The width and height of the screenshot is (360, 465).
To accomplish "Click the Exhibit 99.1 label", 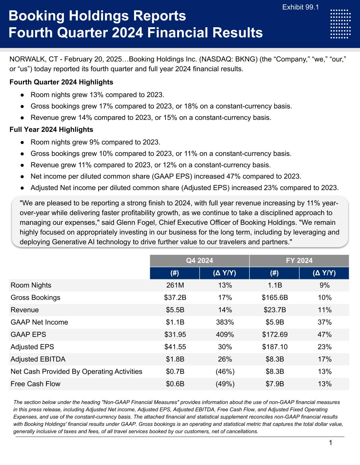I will point(301,7).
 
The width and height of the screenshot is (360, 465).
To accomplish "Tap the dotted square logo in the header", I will point(341,24).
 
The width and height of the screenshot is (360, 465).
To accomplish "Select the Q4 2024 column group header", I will point(200,261).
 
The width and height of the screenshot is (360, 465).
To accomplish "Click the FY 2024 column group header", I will point(299,261).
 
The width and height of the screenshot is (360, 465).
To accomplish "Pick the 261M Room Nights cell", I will point(175,285).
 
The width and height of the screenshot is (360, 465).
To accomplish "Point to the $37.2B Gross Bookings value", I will point(175,298).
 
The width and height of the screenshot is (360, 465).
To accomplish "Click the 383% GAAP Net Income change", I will point(225,322).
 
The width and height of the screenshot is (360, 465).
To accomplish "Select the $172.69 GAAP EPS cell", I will point(275,335).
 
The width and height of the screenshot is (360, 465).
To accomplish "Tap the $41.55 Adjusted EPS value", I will point(175,347).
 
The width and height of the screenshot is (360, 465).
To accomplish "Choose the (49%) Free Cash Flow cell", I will point(225,384).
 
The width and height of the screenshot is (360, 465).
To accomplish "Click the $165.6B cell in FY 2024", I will point(275,298).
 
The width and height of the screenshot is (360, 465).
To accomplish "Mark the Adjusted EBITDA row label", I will point(38,359).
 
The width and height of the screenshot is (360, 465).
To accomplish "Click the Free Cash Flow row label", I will point(35,384).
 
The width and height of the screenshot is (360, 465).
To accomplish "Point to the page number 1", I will point(330,443).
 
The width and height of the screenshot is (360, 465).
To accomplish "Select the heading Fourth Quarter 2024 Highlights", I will point(61,82).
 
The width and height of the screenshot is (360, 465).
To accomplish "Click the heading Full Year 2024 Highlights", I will point(51,129).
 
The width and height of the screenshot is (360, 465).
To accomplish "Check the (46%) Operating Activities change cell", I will point(225,372).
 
